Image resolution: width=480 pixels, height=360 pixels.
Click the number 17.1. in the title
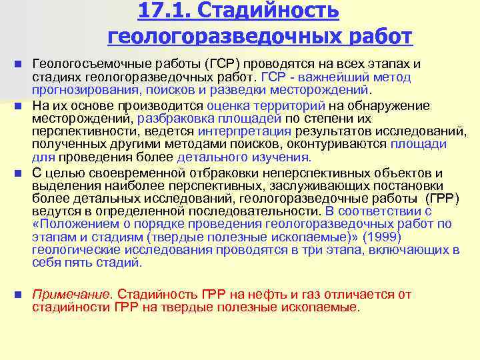point(165,11)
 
